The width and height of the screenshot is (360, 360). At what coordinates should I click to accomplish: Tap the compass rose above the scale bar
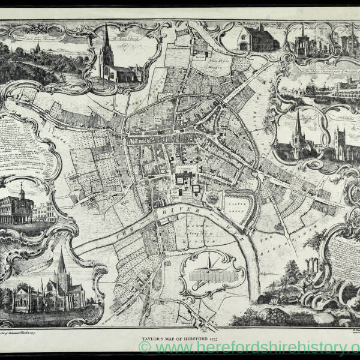[x=208, y=262]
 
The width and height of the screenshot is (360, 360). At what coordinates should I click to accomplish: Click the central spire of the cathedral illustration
[x=61, y=264]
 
